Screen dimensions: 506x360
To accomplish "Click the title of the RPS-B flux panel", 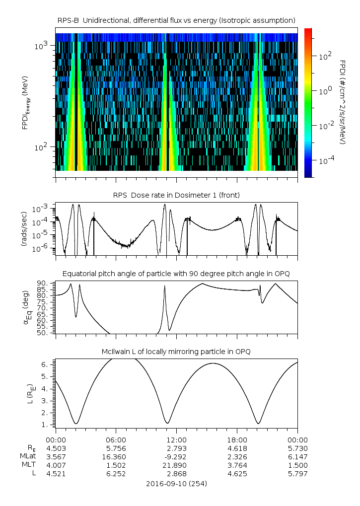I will coord(176,20).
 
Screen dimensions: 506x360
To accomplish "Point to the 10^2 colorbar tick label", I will coord(325,56).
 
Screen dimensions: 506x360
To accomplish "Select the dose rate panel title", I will coord(176,195).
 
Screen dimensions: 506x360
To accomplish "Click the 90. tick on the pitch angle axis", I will coord(45,284).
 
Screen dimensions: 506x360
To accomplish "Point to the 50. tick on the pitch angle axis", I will coord(45,333).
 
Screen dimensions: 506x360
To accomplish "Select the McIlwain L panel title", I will coord(176,352).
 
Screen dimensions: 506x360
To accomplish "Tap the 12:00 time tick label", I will coord(176,440).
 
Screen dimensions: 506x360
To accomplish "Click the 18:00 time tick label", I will coord(237,440).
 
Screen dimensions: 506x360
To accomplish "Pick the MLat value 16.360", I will coord(116,456).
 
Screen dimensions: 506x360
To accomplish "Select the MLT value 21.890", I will coord(176,465).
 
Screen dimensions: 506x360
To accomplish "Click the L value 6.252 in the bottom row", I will coord(116,474).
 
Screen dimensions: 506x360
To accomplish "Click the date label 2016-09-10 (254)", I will coord(176,483).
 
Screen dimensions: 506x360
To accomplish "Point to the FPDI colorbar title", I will coord(343,102).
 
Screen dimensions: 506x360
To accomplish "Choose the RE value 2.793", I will coord(176,448).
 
